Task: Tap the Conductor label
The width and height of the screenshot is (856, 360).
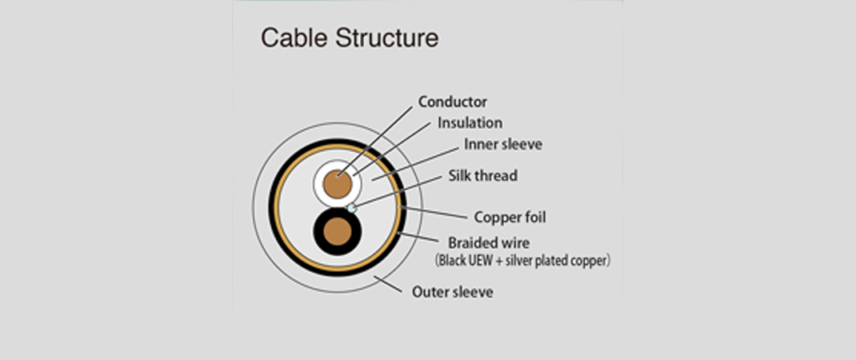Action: (452, 102)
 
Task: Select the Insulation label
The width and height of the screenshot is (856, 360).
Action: (470, 123)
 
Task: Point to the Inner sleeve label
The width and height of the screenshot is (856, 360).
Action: (503, 145)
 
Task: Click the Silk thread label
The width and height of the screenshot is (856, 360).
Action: (482, 175)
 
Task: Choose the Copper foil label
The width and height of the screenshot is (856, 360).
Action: (510, 217)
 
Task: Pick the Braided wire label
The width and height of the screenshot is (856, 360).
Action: (489, 242)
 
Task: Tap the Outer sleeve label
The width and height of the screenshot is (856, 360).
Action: (452, 292)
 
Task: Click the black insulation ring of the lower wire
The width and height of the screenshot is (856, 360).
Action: (319, 233)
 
